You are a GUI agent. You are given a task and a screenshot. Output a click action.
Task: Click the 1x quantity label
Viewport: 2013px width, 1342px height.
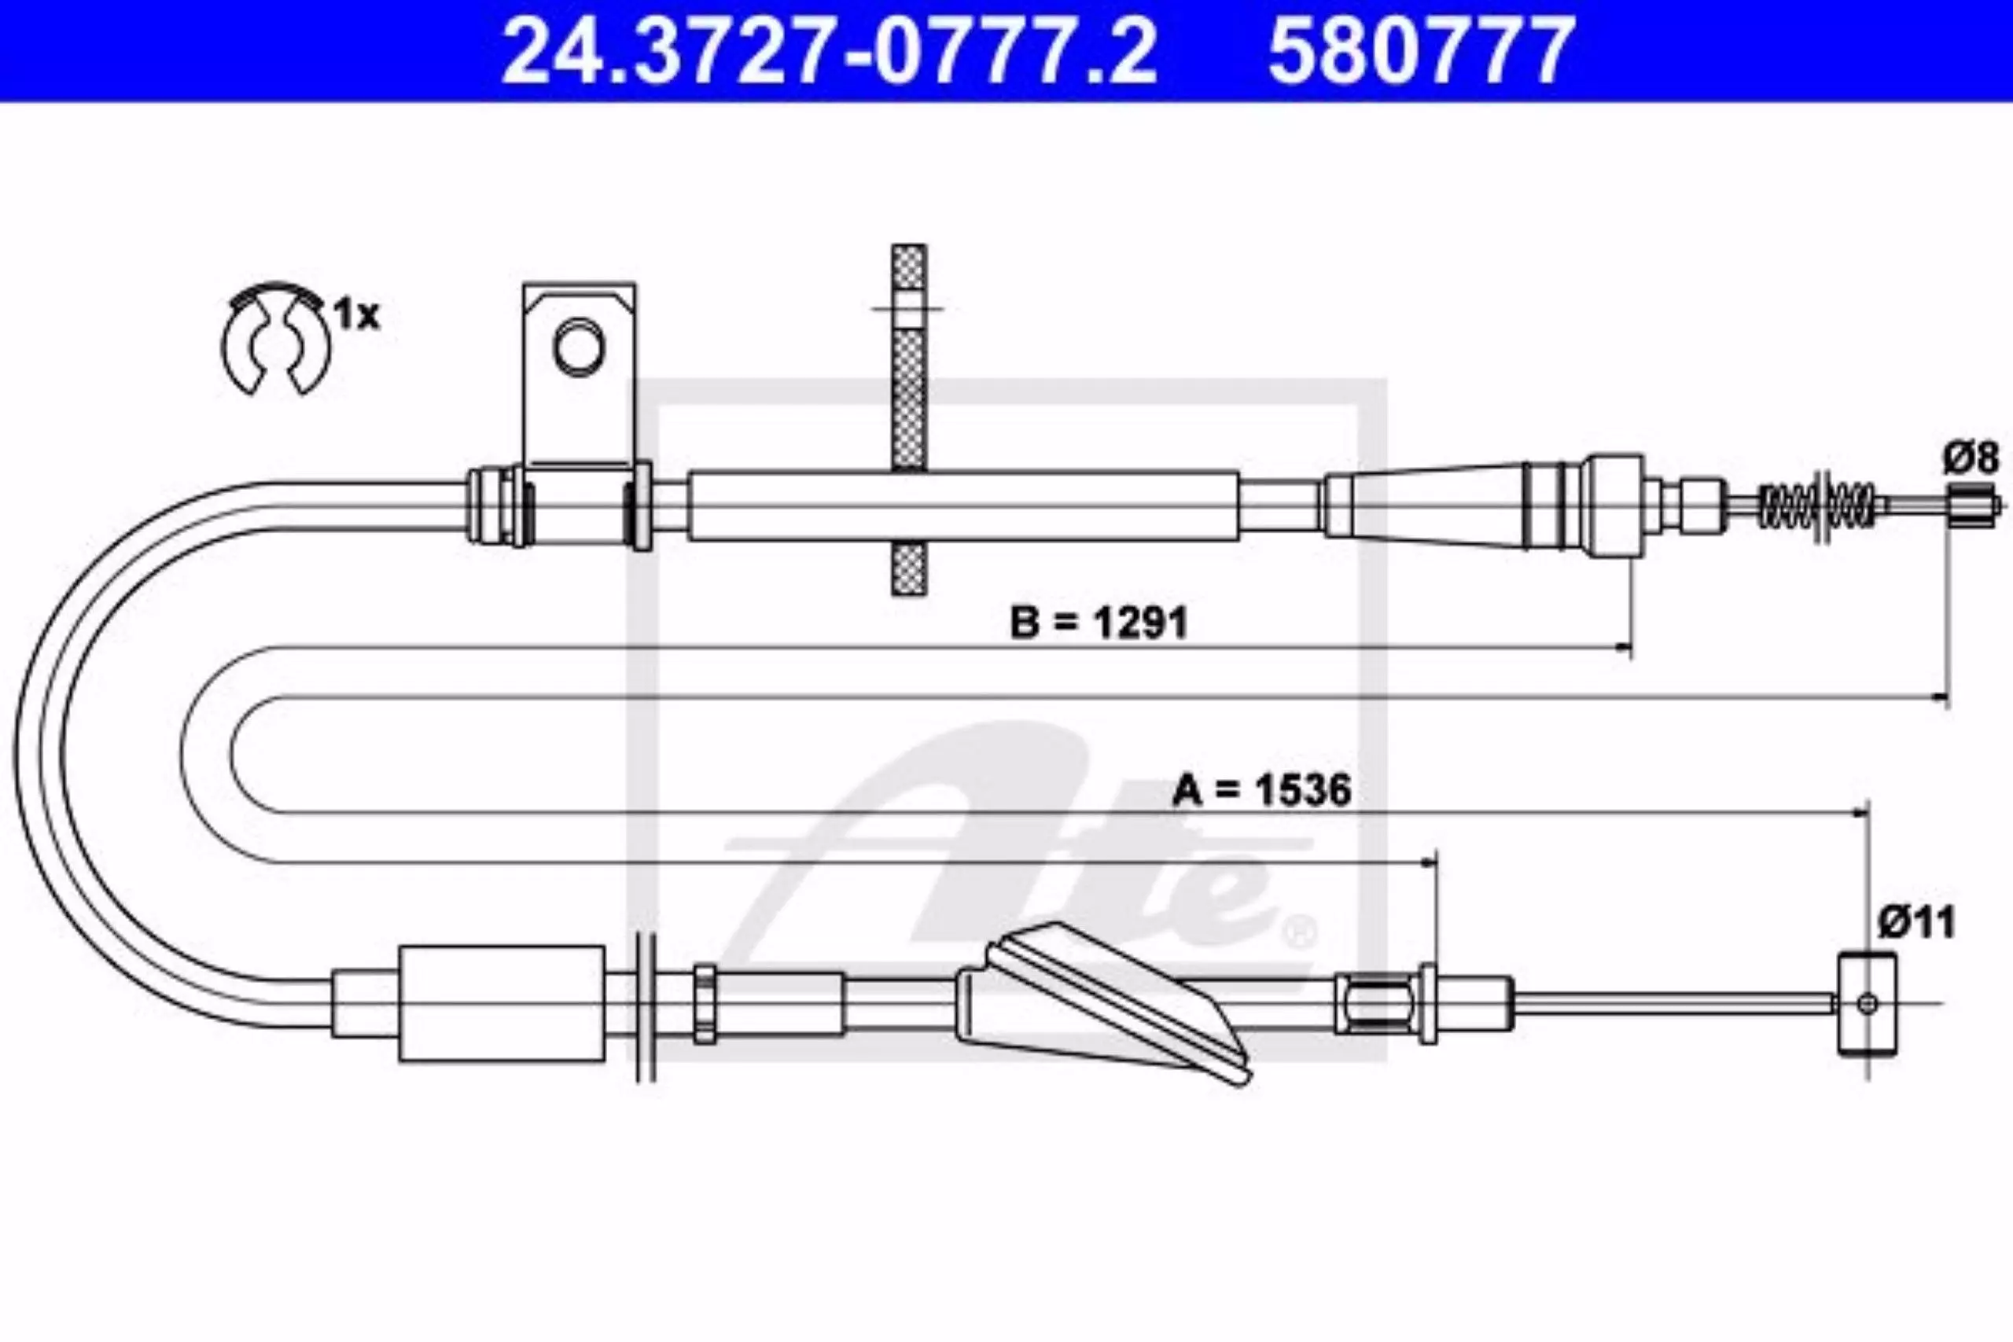click(356, 316)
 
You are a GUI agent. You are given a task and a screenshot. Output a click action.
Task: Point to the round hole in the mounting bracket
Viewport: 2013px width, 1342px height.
click(580, 347)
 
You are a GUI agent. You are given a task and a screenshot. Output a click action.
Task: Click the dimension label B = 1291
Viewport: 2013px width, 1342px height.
click(1099, 623)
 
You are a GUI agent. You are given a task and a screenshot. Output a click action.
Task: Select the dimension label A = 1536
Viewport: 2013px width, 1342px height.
click(1261, 790)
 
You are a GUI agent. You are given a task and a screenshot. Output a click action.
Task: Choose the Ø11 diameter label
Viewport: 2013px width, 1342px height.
click(1917, 923)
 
